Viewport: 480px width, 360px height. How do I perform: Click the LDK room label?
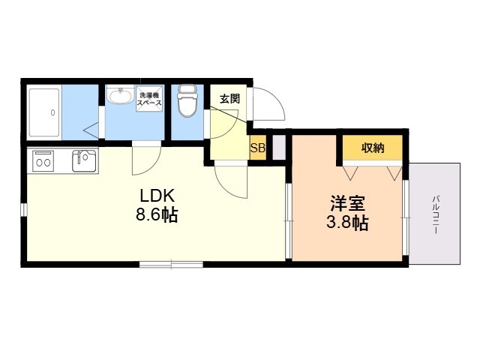point(157,196)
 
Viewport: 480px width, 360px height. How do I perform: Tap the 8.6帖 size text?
point(157,215)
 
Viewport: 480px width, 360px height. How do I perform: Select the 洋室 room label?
point(348,203)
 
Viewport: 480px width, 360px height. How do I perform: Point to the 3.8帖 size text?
point(347,223)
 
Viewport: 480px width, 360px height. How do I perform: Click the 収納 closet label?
point(373,148)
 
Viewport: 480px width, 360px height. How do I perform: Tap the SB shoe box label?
point(258,148)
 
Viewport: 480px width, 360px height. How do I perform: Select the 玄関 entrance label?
point(230,98)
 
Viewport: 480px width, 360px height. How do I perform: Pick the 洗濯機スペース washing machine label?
point(149,99)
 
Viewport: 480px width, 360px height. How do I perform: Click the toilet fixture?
point(187,100)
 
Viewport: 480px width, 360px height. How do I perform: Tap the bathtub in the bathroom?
point(43,112)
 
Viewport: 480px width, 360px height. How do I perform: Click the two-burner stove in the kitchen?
point(43,161)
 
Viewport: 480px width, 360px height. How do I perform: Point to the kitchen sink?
point(85,160)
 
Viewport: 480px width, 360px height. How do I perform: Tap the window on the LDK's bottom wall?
point(172,264)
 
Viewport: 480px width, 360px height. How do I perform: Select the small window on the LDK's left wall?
point(24,209)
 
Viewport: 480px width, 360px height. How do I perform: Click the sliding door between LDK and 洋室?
point(288,220)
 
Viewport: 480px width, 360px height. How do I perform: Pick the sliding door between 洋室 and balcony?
point(405,217)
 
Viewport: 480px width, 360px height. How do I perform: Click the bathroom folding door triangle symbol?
point(91,130)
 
